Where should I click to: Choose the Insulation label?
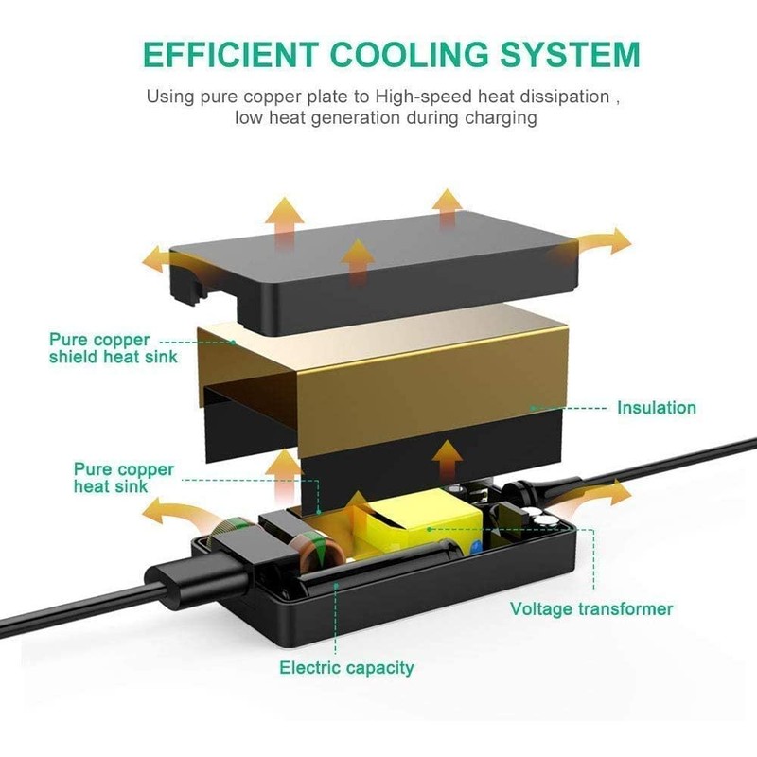tap(656, 408)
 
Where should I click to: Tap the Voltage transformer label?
tap(591, 608)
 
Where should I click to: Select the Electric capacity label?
tap(346, 668)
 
